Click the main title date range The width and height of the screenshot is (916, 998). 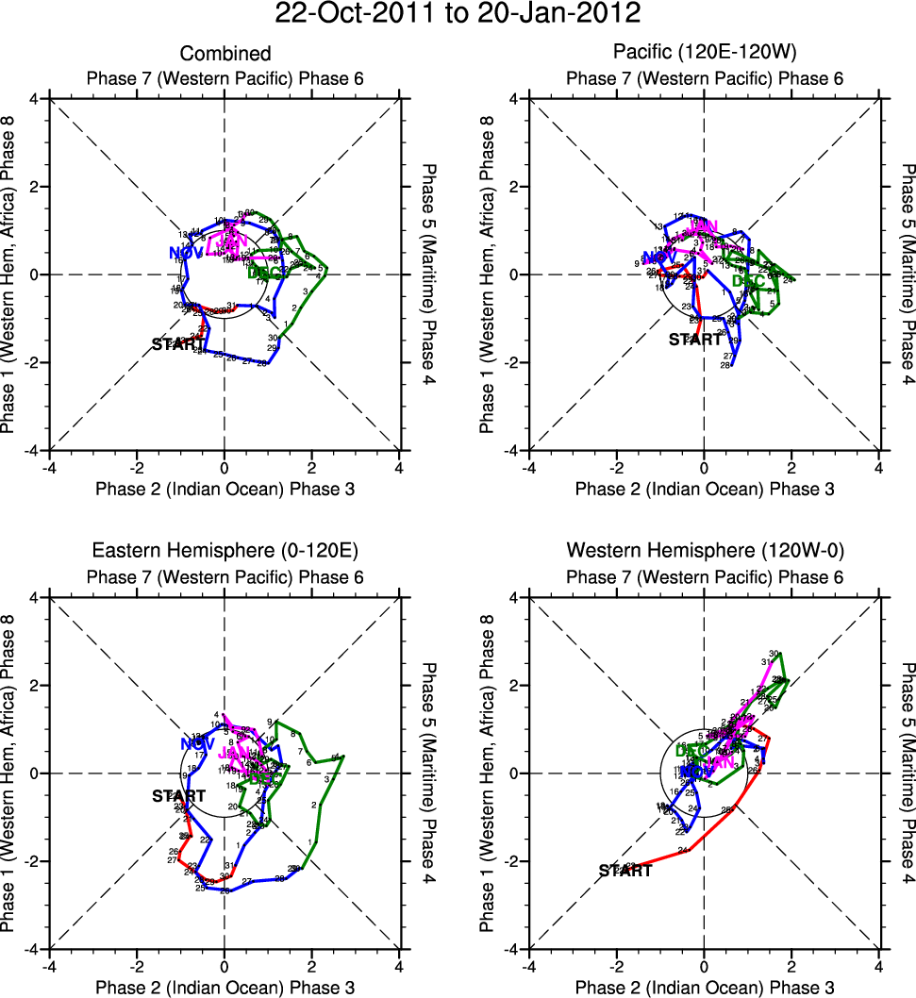point(458,15)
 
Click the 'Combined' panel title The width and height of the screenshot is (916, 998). point(225,54)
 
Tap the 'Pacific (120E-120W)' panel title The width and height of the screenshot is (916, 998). point(704,54)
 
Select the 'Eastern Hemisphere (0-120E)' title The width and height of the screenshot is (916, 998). point(225,552)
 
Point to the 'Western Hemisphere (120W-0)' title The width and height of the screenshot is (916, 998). point(704,552)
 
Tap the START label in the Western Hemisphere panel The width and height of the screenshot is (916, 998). point(625,871)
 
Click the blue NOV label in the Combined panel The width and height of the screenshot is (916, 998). point(186,252)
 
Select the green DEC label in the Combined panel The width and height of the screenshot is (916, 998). point(265,274)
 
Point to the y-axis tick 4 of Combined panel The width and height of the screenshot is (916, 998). point(35,99)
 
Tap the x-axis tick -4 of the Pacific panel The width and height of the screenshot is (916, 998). point(529,468)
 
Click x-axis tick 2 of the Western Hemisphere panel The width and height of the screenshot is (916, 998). point(791,967)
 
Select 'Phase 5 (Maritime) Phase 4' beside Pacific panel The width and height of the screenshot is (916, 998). point(908,274)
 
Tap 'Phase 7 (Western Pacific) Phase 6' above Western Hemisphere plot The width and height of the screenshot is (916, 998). point(704,576)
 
